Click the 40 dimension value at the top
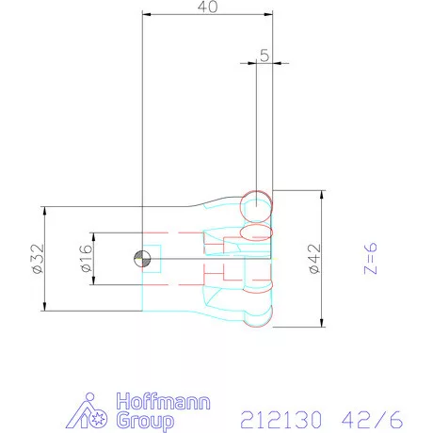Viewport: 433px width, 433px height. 208,8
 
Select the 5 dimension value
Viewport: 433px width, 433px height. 264,56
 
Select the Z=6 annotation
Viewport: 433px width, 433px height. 370,258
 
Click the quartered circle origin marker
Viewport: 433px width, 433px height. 141,259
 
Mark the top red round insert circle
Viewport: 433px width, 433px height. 256,203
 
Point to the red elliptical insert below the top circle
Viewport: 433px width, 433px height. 257,232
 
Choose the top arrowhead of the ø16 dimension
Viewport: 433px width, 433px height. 91,235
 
